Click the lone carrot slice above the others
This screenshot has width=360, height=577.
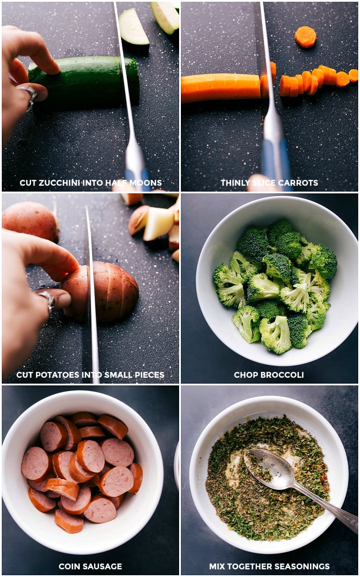306,37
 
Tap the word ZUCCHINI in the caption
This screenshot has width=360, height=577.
59,183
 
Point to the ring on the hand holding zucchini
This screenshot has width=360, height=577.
29,97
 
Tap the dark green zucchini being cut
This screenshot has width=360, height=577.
84,82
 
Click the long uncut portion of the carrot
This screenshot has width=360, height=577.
220,88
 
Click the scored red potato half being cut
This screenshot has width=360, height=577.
100,292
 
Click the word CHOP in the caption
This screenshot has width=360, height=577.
246,375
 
